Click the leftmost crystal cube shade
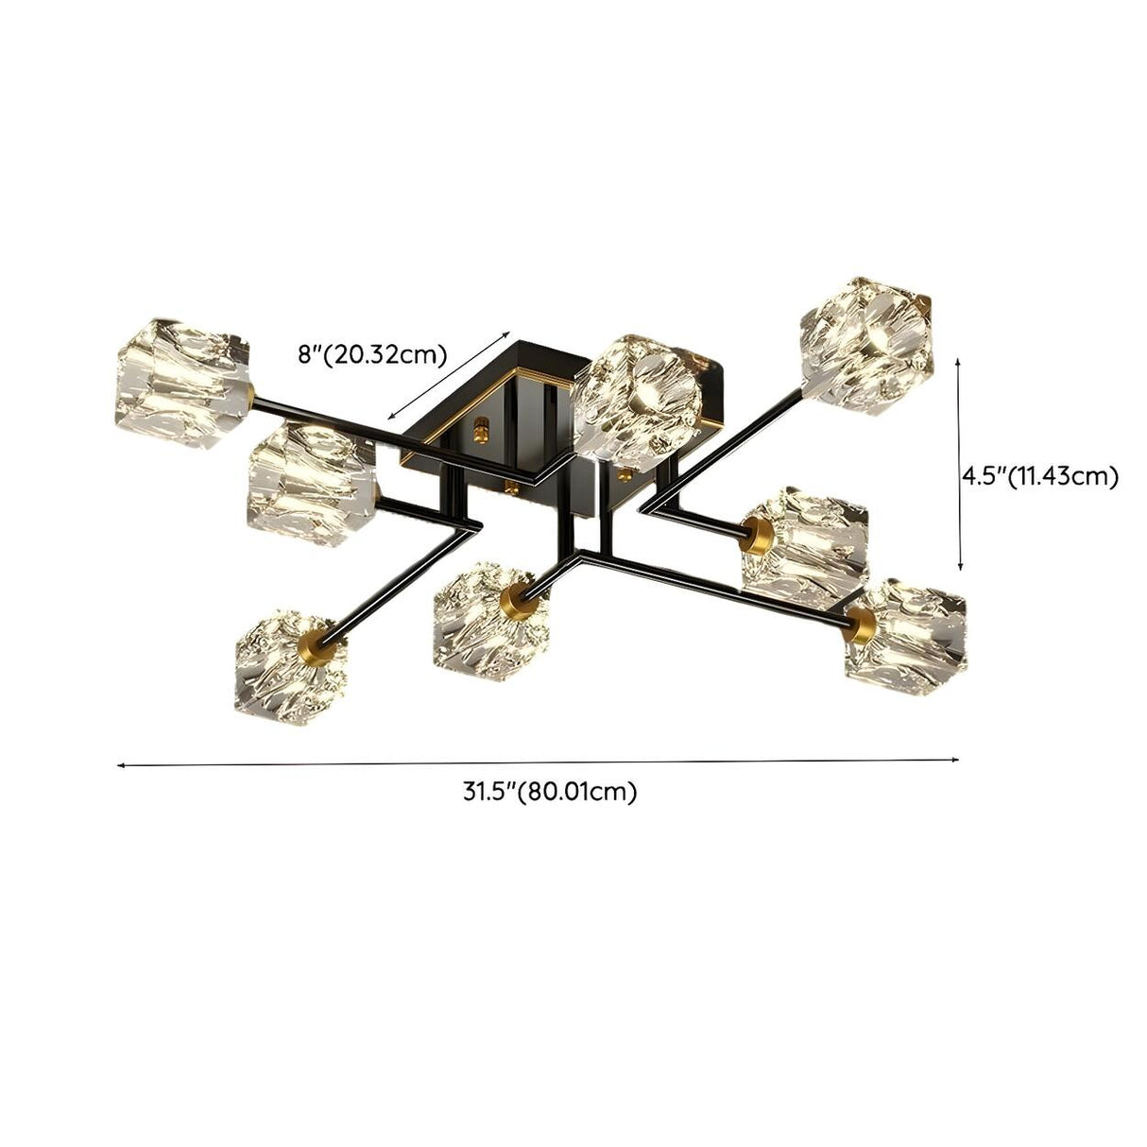tap(184, 369)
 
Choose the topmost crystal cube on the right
tap(867, 343)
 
